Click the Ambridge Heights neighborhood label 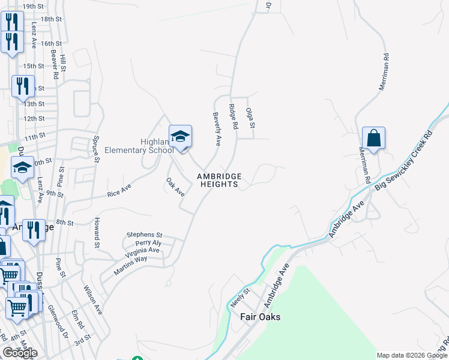point(220,180)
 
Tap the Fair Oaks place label point(260,317)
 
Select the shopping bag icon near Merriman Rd point(373,139)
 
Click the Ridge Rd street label point(234,116)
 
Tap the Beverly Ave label point(217,128)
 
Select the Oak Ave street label point(175,187)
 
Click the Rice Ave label point(119,190)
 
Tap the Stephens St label point(144,235)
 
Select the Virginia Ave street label point(139,250)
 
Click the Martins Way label point(133,259)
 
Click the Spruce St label point(96,148)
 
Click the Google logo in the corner point(20,352)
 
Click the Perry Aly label point(148,243)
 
